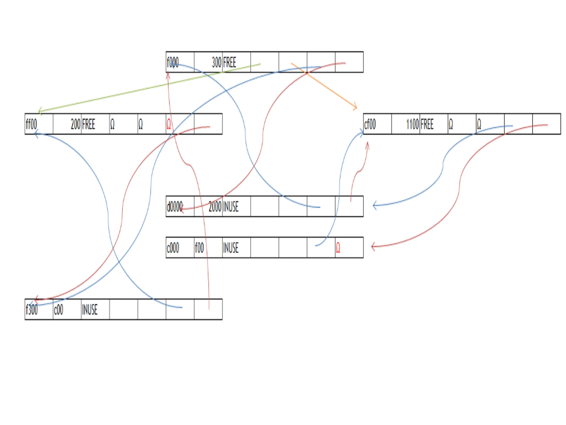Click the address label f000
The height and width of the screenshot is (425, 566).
[x=172, y=62]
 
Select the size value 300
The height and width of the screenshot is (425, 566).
[x=216, y=62]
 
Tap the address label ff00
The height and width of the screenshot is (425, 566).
[x=31, y=124]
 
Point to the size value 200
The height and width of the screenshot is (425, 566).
[x=75, y=124]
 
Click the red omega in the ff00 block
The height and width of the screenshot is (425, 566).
[x=169, y=124]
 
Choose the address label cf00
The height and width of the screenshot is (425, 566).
[x=370, y=124]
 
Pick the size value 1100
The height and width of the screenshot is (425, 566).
[x=412, y=124]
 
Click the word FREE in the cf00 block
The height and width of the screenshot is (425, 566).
[x=427, y=124]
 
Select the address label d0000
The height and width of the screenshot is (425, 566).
[x=174, y=207]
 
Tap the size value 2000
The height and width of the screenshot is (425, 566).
[x=215, y=207]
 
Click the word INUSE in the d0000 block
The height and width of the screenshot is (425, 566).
[x=231, y=207]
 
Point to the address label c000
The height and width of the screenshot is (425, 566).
[x=173, y=248]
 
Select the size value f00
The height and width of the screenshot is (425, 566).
[x=199, y=248]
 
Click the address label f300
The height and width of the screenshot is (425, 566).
[x=32, y=310]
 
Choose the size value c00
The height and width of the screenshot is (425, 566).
[x=58, y=310]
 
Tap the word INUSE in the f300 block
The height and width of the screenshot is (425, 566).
[x=90, y=310]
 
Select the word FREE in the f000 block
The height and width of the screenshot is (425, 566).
[x=229, y=62]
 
